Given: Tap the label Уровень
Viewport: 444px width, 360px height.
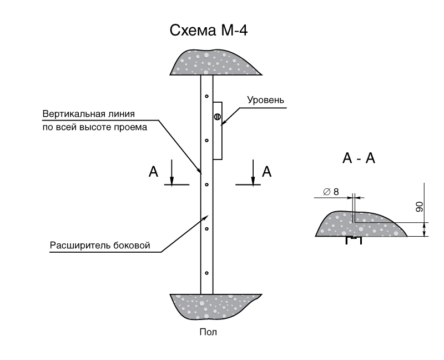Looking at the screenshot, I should coord(266,101).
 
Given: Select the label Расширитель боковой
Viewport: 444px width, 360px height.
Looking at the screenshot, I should coord(100,245).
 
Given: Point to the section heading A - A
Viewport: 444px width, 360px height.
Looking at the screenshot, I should coord(359,158).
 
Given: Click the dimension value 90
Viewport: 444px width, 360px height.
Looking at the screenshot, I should coord(420,207).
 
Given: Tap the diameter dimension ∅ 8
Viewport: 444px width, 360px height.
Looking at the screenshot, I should coord(331,191).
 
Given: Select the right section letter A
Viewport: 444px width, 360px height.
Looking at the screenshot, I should coord(266,172).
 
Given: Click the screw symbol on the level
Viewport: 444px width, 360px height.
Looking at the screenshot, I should coord(217,117).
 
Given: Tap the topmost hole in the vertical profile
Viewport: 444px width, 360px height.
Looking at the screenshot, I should coord(206,96).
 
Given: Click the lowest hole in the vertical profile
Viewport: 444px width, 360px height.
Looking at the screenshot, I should coord(206,273).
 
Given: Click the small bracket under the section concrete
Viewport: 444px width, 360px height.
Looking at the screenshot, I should coord(353,240).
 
